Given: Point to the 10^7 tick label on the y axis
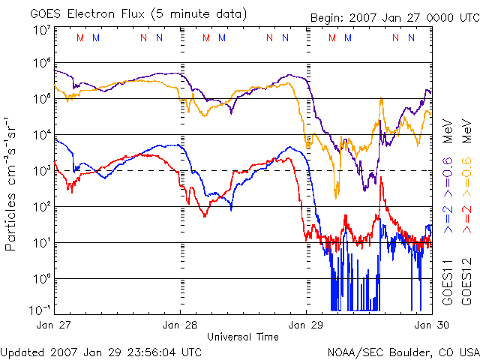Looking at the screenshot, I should pos(41,30).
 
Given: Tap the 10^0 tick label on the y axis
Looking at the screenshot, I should pos(41,280).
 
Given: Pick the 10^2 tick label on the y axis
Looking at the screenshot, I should pos(41,208).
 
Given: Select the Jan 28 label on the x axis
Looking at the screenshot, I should pos(181,325).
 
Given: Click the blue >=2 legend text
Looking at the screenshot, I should pos(447,215).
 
